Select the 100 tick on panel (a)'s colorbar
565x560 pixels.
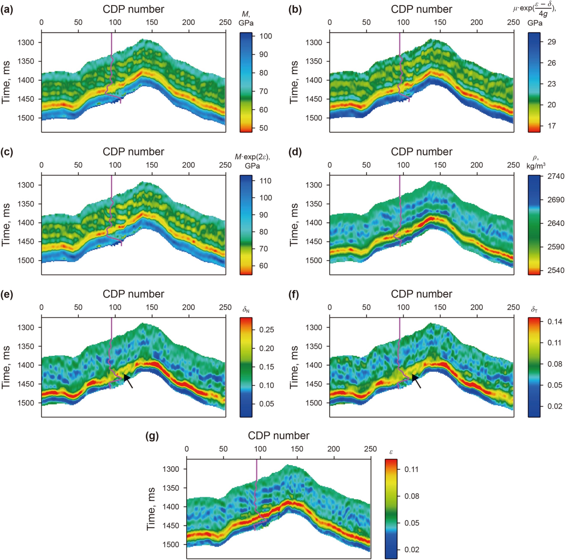[265, 36]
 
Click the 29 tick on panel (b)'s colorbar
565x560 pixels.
[552, 42]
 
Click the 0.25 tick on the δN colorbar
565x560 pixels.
[266, 330]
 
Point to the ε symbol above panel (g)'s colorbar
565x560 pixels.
[391, 452]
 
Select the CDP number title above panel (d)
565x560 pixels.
[421, 152]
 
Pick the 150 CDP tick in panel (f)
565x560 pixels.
[440, 307]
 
